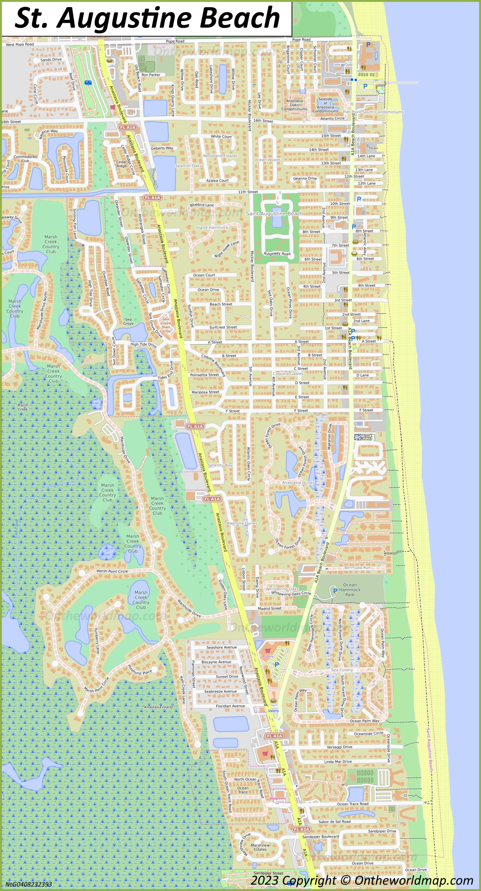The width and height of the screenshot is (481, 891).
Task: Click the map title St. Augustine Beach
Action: click(x=147, y=18)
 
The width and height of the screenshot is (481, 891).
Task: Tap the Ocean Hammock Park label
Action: click(x=350, y=590)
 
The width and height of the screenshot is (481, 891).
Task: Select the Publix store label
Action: click(x=268, y=656)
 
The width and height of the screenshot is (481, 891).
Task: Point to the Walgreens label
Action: click(x=277, y=798)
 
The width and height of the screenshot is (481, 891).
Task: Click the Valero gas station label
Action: click(x=273, y=711)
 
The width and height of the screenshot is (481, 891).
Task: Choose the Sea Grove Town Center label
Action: click(x=166, y=325)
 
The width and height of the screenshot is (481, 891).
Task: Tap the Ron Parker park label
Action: click(x=151, y=75)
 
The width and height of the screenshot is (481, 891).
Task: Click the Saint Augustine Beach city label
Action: click(x=274, y=214)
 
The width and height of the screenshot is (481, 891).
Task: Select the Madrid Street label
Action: click(x=270, y=608)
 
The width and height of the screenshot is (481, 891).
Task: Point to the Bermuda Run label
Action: click(x=357, y=568)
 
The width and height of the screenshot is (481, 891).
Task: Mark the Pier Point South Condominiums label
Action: click(x=373, y=112)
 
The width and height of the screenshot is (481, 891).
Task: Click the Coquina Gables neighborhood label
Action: click(x=288, y=374)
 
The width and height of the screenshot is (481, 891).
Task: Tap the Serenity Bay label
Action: click(x=220, y=465)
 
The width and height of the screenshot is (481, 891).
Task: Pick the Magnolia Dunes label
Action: click(x=242, y=523)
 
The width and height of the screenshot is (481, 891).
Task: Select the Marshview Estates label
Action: click(x=260, y=847)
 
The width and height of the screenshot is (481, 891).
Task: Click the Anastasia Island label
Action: click(x=158, y=707)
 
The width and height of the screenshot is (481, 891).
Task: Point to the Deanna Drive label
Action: click(x=305, y=178)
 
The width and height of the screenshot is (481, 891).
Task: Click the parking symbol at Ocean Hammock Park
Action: click(x=335, y=591)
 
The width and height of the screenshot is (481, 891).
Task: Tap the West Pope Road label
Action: click(x=20, y=44)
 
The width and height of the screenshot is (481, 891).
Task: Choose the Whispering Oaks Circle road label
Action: click(x=291, y=594)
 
